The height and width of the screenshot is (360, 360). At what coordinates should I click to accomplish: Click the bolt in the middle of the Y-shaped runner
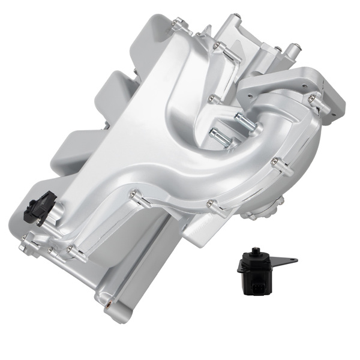click(x=211, y=97)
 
